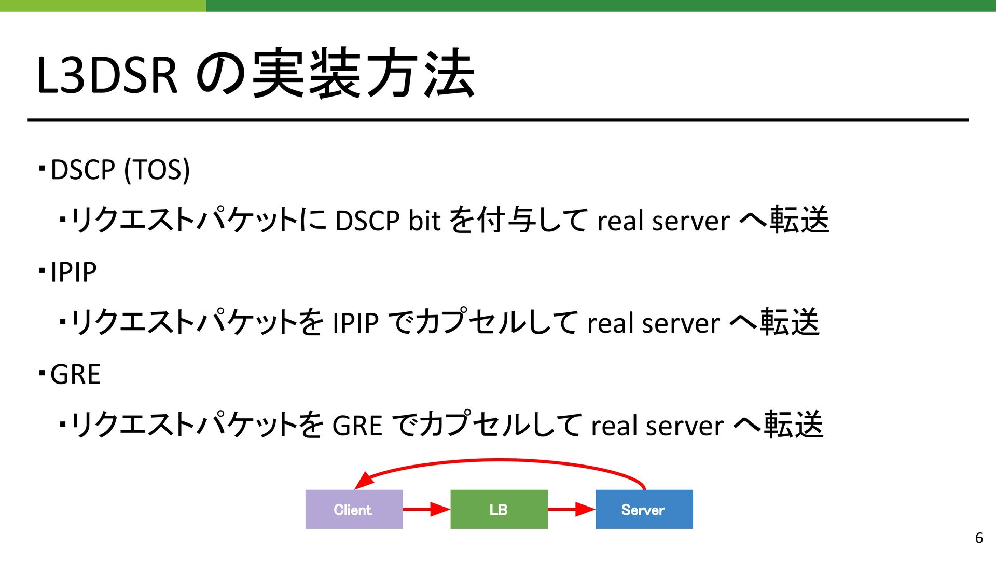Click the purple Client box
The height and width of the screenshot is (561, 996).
[354, 509]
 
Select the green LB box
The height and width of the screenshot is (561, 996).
[499, 509]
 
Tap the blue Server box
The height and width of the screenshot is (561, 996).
[644, 509]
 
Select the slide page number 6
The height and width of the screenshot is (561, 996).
[979, 538]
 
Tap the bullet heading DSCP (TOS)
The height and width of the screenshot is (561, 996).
[120, 170]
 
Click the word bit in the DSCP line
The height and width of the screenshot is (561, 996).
[424, 220]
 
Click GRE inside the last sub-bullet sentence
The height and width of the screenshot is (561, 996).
[357, 426]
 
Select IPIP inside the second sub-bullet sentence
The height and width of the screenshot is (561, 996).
[356, 323]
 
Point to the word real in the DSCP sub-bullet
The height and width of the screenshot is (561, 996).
[620, 221]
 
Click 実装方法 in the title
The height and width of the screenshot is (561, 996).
[363, 73]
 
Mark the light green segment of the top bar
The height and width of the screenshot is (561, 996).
[103, 6]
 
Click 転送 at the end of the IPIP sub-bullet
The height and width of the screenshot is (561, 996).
[790, 322]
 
